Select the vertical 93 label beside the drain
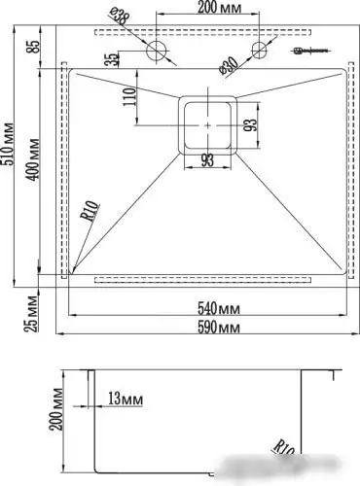[x=250, y=124]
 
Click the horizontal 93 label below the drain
[x=207, y=161]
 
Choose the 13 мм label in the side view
[x=122, y=399]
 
